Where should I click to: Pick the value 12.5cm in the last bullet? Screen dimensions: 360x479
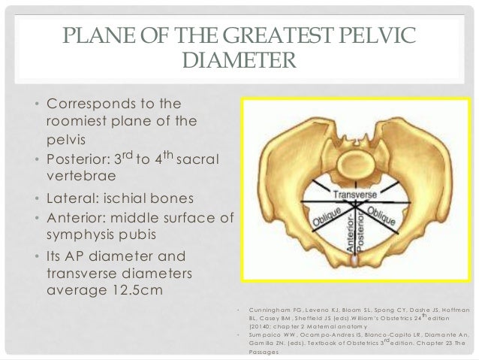[130, 288]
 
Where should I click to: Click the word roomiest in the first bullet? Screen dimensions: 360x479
[80, 120]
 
